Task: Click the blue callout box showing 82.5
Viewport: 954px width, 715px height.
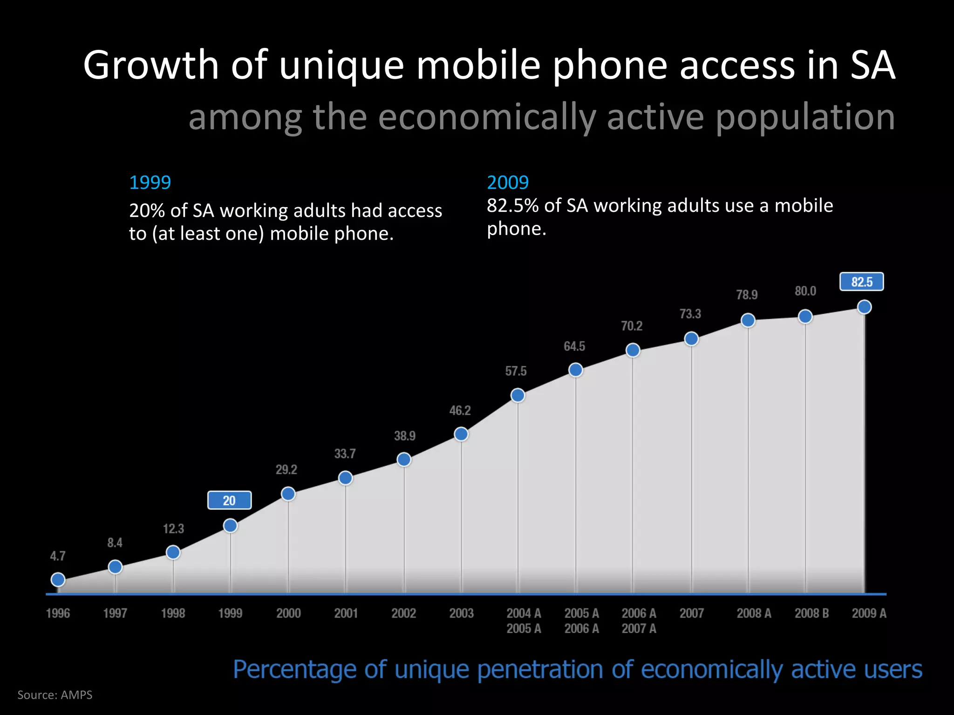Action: pyautogui.click(x=861, y=282)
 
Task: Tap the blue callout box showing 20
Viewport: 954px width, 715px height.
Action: pyautogui.click(x=229, y=500)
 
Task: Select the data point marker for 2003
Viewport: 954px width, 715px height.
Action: pyautogui.click(x=461, y=434)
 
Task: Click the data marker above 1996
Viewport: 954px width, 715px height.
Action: pyautogui.click(x=58, y=580)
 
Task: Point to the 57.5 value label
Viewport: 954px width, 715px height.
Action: pyautogui.click(x=516, y=371)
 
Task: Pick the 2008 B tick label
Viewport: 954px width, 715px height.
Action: pyautogui.click(x=811, y=613)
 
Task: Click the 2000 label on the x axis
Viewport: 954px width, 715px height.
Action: pyautogui.click(x=288, y=613)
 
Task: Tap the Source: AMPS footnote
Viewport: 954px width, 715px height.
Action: pyautogui.click(x=55, y=695)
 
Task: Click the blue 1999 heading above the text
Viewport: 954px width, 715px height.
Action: pyautogui.click(x=150, y=182)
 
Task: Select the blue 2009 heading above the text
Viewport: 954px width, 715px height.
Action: pyautogui.click(x=508, y=182)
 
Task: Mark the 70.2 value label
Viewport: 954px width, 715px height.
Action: pyautogui.click(x=632, y=326)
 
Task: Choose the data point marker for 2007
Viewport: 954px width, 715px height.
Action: pyautogui.click(x=691, y=339)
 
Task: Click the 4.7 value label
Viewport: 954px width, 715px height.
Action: pyautogui.click(x=58, y=556)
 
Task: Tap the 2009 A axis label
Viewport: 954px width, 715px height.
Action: pyautogui.click(x=869, y=613)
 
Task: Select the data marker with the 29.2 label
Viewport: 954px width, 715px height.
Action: pyautogui.click(x=288, y=493)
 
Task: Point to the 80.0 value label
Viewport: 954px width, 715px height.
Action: pyautogui.click(x=805, y=291)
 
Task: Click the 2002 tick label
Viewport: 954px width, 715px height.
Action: pyautogui.click(x=403, y=613)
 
